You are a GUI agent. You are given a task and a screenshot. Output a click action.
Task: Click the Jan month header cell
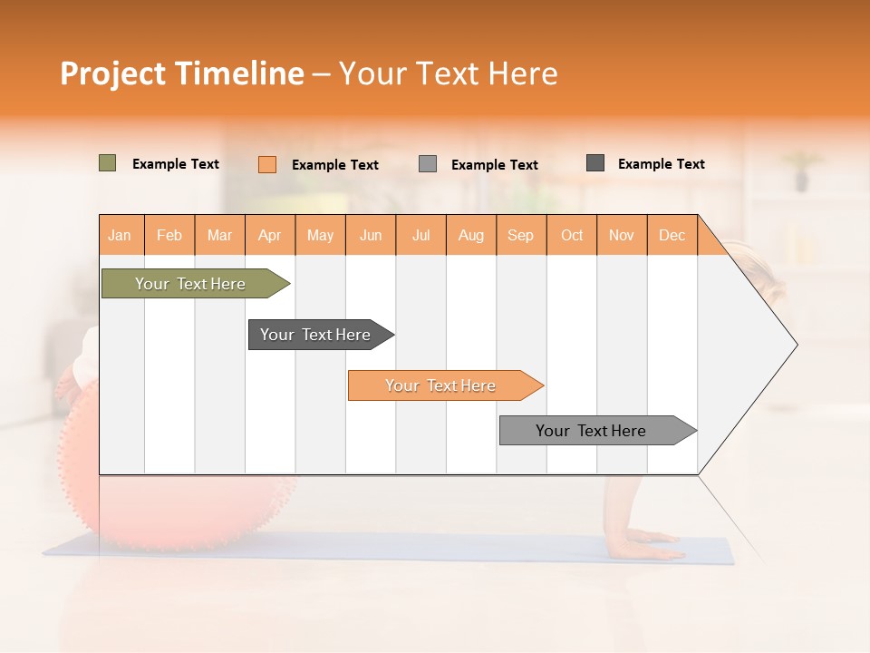tap(121, 235)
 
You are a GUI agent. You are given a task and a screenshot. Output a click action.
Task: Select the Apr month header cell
tap(270, 235)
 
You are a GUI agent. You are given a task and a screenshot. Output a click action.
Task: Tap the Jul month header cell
tap(421, 235)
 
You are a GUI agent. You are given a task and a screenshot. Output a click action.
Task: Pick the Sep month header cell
tap(521, 235)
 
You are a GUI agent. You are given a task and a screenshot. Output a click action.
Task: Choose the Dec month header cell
tap(672, 235)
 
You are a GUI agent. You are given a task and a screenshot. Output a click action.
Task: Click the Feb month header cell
tap(169, 235)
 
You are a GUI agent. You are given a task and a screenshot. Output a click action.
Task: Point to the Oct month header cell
tap(572, 235)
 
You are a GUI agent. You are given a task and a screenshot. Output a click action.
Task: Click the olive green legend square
tap(107, 163)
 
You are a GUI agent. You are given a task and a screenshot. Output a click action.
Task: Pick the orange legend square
tap(266, 164)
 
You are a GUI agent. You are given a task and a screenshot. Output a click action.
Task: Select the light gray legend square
tap(428, 164)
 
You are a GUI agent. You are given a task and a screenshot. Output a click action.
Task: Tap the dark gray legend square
tap(595, 163)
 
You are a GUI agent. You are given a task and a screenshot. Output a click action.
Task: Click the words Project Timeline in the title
tap(182, 73)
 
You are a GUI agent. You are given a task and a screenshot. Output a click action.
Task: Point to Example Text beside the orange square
tap(335, 165)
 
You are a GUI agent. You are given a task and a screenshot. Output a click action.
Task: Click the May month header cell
tap(320, 235)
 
